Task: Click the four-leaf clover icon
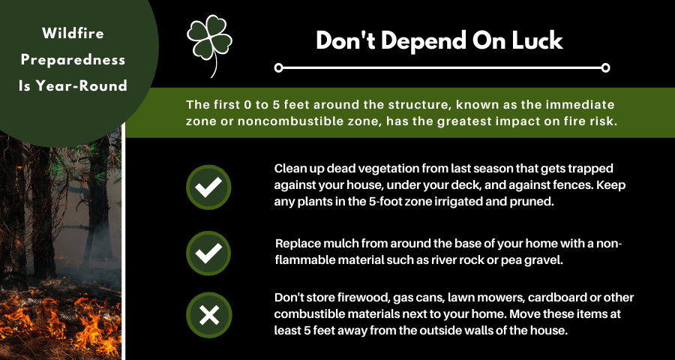[210, 43]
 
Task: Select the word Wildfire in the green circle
[73, 34]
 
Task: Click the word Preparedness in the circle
[73, 60]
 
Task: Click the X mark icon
[208, 315]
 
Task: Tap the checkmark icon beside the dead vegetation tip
[208, 187]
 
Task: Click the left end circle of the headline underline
[278, 67]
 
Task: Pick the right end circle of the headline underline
[605, 67]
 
